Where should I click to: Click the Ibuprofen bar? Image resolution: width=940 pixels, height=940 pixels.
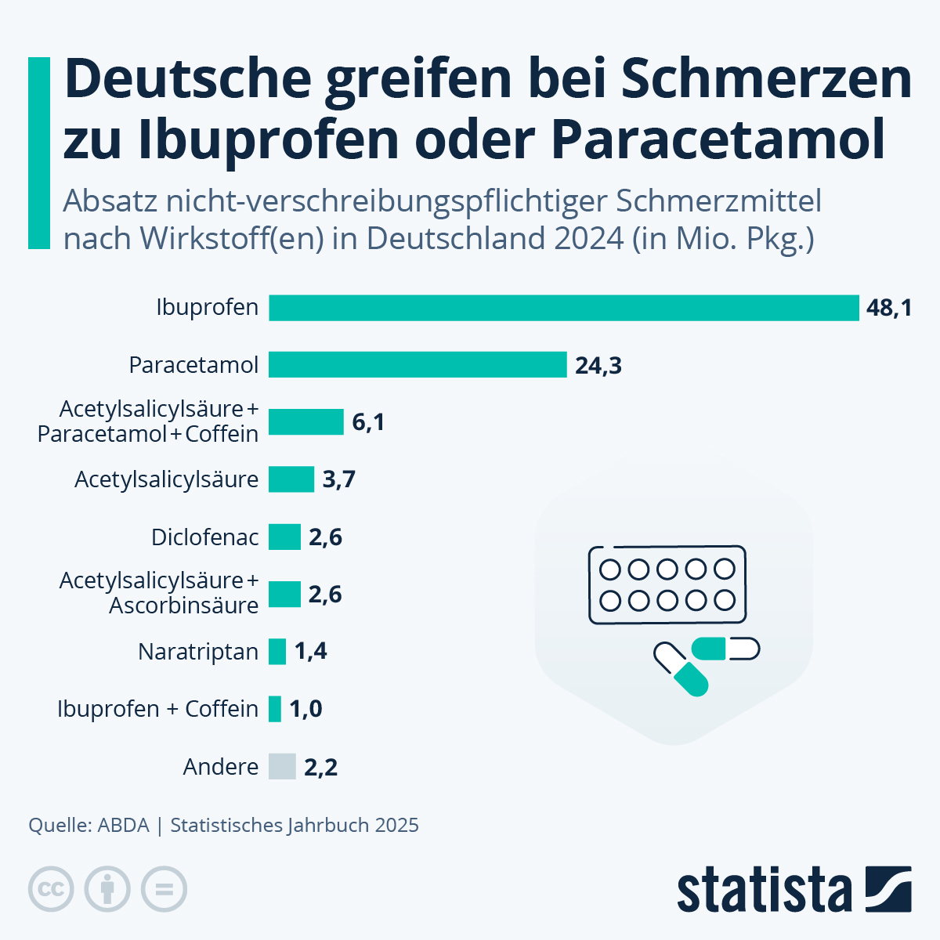pos(564,308)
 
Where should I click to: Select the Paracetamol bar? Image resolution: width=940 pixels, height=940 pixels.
pos(418,365)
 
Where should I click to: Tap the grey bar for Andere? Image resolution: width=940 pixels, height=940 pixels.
pos(282,766)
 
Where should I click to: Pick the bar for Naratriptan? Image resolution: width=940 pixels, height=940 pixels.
pos(277,652)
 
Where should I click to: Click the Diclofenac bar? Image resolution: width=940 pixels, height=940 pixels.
pos(284,537)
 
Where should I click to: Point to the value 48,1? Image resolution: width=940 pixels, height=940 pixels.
pos(889,308)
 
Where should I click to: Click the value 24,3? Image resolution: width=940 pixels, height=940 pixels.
pos(598,366)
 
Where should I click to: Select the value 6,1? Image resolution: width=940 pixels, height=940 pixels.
pos(368,423)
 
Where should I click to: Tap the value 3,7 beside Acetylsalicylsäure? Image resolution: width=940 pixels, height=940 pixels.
pos(339,480)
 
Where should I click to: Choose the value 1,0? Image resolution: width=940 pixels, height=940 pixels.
pos(306,709)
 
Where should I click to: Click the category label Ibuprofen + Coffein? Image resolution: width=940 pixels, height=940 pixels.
pos(157,709)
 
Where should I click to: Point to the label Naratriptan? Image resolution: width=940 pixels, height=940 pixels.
pos(198,652)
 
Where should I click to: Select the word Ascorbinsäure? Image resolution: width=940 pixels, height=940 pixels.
pos(183,606)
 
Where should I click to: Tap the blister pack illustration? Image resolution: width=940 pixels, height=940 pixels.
pos(667,585)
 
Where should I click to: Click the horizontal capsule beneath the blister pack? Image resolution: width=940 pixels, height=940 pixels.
pos(726,649)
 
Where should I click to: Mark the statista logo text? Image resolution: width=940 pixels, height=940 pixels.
pos(764,889)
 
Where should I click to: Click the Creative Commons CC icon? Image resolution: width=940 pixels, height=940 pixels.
pos(51,890)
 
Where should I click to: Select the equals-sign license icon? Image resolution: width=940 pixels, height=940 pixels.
pos(164,890)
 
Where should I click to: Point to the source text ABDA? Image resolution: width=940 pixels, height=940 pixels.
pos(123,825)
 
